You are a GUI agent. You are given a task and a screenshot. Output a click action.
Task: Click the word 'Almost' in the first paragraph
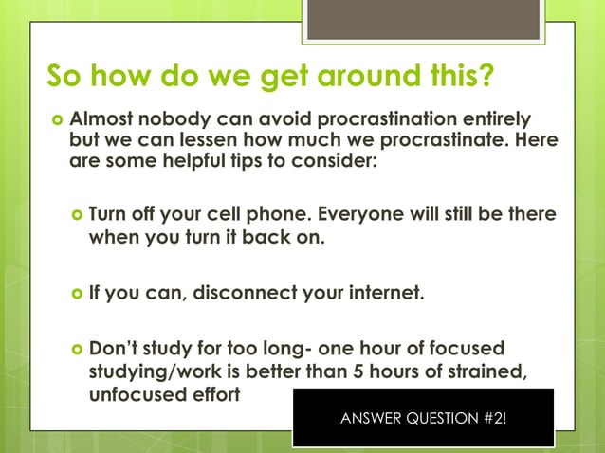pyautogui.click(x=102, y=120)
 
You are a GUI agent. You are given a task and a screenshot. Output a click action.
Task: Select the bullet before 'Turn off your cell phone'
pyautogui.click(x=77, y=216)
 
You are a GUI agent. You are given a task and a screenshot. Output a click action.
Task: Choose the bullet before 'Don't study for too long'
pyautogui.click(x=77, y=350)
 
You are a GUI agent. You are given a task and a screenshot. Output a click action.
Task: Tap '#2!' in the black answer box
pyautogui.click(x=489, y=418)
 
